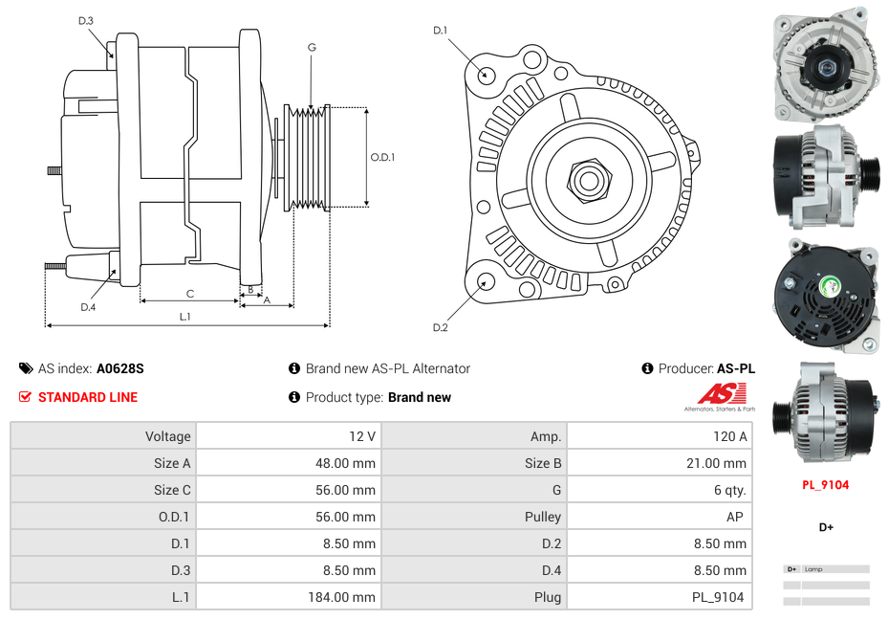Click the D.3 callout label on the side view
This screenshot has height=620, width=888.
pyautogui.click(x=86, y=20)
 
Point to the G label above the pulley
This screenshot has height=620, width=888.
pyautogui.click(x=312, y=47)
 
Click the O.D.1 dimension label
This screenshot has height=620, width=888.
pyautogui.click(x=382, y=158)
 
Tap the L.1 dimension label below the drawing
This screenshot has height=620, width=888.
pyautogui.click(x=184, y=316)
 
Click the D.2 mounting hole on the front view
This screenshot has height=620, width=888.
pyautogui.click(x=485, y=281)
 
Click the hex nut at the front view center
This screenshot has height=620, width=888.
pyautogui.click(x=587, y=179)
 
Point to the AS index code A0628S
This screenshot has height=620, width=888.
pyautogui.click(x=119, y=368)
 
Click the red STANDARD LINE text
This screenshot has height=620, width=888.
pyautogui.click(x=88, y=397)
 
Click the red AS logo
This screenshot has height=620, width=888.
pyautogui.click(x=721, y=393)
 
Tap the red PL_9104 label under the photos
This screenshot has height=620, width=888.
pyautogui.click(x=825, y=485)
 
